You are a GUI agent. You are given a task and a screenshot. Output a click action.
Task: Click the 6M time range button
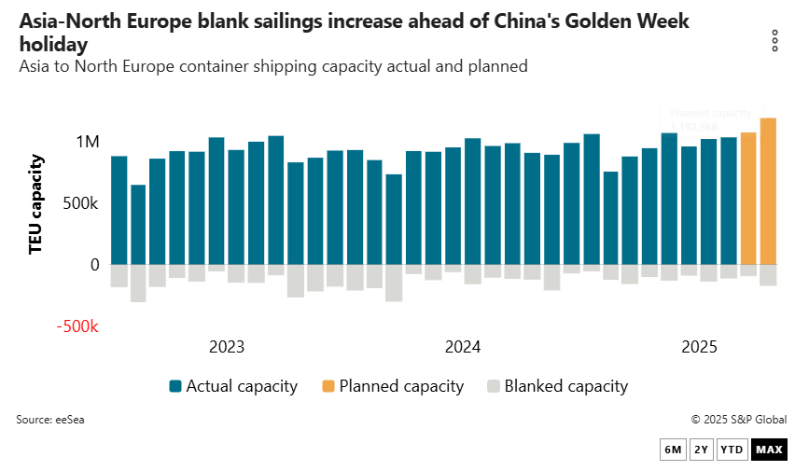pos(673,450)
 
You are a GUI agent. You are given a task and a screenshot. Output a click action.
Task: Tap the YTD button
pos(733,450)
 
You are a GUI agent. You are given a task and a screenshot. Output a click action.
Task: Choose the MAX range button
pos(769,450)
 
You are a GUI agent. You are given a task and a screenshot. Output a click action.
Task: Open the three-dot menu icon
pos(774,41)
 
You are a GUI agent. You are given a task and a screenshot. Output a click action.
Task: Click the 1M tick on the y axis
pos(88,142)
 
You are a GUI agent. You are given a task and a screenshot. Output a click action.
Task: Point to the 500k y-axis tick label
pos(81,203)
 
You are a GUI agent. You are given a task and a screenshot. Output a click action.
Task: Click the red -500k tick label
pos(78,327)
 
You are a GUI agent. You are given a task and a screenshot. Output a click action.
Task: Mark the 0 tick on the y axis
pos(94,265)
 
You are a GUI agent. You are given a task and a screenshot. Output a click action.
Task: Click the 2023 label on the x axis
pos(227,347)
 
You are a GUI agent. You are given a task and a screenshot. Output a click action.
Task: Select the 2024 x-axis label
pos(463,347)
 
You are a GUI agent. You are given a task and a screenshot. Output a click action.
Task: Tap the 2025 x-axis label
pos(699,347)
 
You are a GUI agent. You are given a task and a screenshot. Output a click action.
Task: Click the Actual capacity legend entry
pos(233,386)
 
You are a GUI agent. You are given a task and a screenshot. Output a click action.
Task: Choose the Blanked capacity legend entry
pos(557,386)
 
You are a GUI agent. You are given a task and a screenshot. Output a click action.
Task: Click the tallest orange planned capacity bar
pos(768,191)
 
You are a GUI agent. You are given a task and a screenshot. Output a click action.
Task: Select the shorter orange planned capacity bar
pos(748,199)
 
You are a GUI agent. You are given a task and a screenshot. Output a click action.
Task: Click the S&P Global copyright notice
pos(738,420)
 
